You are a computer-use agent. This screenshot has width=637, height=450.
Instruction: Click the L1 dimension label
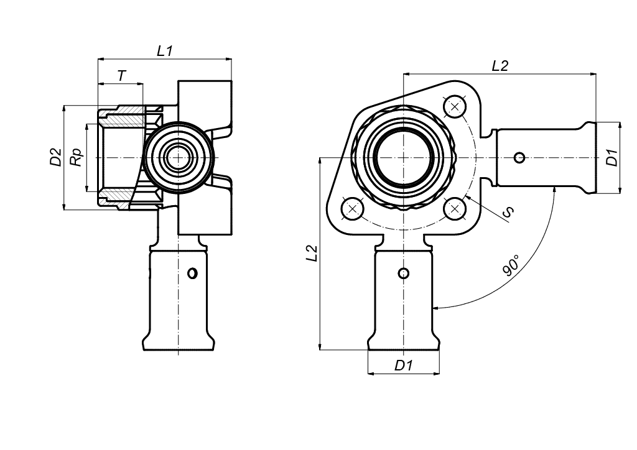point(165,51)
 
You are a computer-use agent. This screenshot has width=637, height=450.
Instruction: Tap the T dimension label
point(122,76)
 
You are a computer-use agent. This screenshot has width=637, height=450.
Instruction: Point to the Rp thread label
point(77,157)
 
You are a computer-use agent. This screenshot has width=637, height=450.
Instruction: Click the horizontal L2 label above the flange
point(500,66)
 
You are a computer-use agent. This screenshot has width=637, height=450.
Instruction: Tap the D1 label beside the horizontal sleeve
point(612,157)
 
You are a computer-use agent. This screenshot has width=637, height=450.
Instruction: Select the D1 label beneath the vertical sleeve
point(403,365)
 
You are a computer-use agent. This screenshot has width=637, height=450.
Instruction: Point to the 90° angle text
point(511,266)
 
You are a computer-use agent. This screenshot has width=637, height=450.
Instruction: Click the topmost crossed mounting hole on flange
point(455,107)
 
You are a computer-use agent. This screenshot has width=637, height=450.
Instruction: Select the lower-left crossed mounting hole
point(352,209)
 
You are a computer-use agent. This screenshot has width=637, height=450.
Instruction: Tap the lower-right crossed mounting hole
point(455,209)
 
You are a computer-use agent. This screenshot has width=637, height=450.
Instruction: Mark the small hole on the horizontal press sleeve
point(519,157)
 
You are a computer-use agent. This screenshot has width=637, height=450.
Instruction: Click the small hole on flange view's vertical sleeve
point(403,273)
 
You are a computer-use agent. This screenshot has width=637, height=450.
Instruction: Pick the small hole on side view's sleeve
point(192,273)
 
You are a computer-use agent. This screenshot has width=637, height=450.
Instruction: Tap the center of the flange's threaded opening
point(403,157)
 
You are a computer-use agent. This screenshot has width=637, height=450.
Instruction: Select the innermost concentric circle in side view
point(178,157)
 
